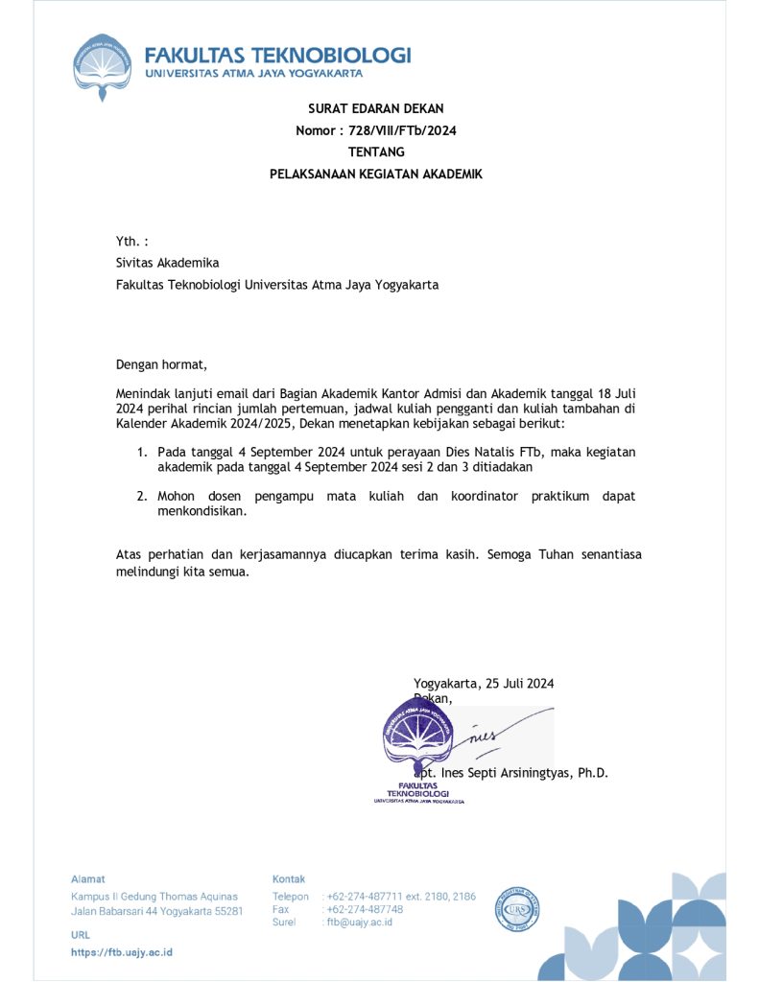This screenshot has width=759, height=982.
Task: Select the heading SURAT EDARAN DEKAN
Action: tap(375, 108)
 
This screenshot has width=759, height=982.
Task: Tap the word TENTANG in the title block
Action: tap(375, 152)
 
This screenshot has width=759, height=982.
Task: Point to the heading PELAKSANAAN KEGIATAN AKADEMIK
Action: tap(375, 175)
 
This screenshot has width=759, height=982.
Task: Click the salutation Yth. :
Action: tap(131, 242)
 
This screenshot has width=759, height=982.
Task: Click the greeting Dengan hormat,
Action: tap(161, 364)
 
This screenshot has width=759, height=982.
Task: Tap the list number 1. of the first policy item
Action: tap(141, 452)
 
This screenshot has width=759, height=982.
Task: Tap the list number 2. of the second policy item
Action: tap(141, 496)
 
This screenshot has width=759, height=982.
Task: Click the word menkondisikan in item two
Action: tap(202, 511)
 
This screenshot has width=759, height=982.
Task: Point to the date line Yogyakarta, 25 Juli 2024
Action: tap(484, 684)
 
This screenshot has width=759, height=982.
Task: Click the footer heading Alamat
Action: tap(87, 878)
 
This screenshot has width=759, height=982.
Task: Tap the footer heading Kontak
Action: tap(289, 878)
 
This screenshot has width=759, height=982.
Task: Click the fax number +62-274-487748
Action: tap(365, 909)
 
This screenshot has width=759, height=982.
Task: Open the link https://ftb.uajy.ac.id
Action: tap(122, 952)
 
